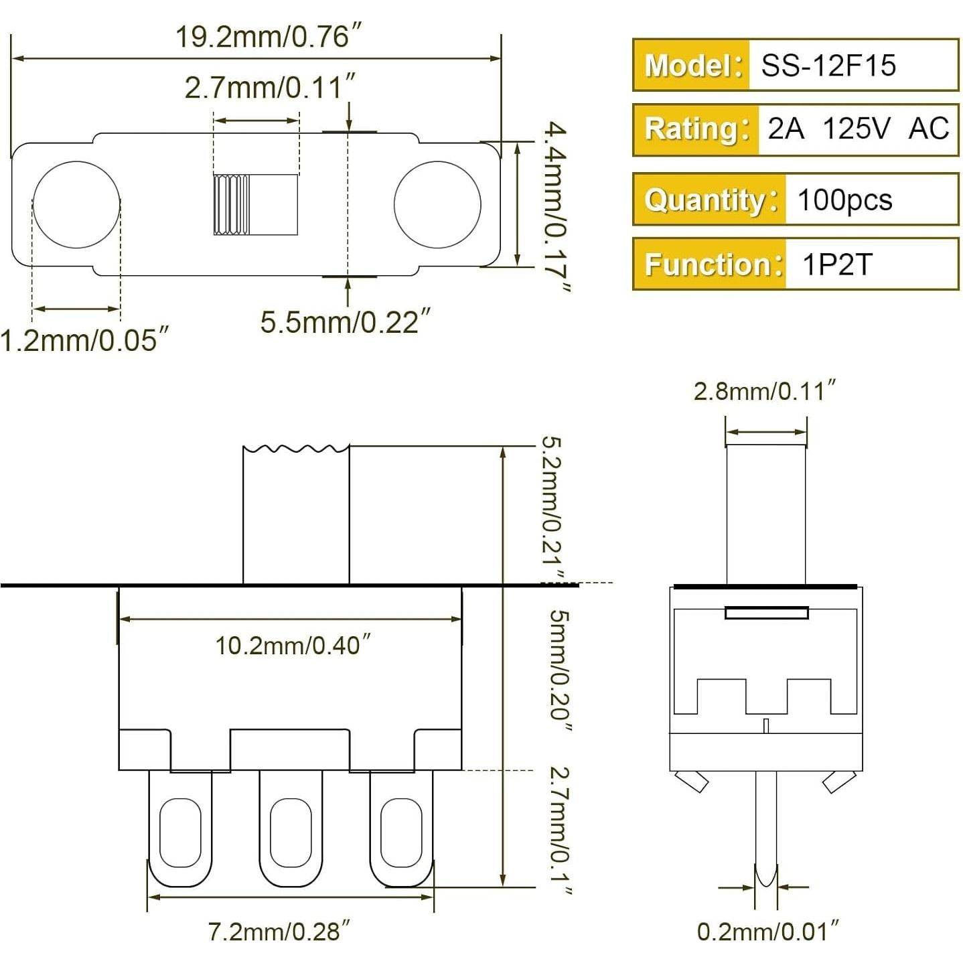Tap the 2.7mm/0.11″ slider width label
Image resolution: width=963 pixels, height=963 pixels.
pos(270,88)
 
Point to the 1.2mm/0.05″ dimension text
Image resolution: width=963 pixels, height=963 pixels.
pos(84,340)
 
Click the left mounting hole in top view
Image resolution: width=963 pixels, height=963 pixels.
pos(76,204)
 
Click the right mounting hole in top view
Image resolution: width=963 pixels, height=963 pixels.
pos(437,204)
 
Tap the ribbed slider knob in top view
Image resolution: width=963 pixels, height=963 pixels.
pos(232,204)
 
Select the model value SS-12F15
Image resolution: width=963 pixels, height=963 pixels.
pos(828,66)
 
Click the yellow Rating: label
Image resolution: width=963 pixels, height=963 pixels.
pos(696,129)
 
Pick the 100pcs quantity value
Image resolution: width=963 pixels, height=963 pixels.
pos(844,200)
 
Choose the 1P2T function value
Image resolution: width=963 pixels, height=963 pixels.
pos(837,265)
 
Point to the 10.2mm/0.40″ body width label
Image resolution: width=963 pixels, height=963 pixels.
pos(292,646)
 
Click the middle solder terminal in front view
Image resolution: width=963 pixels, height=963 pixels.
pos(291,831)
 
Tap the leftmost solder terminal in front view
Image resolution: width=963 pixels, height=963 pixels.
pos(180,831)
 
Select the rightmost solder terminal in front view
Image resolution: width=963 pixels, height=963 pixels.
pos(401,831)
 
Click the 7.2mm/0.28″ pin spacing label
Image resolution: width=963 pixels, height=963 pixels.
pos(279,932)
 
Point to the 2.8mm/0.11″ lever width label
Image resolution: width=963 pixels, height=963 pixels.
pos(765,391)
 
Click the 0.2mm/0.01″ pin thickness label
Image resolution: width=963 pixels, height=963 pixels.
pos(767,932)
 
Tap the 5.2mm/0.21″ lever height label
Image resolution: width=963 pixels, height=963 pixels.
pos(556,509)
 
